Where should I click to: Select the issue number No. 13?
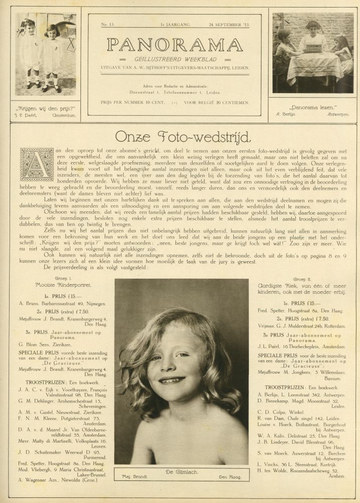[x=108, y=24]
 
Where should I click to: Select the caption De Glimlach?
[x=181, y=471]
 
